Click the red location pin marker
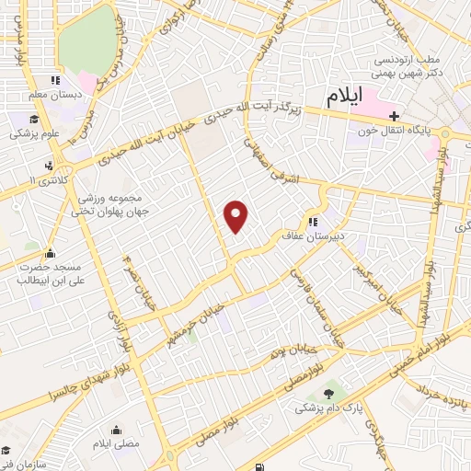pos(237,216)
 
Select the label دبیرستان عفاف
pos(323,235)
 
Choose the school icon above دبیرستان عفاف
pos(315,221)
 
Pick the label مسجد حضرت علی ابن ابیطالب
pos(44,274)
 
